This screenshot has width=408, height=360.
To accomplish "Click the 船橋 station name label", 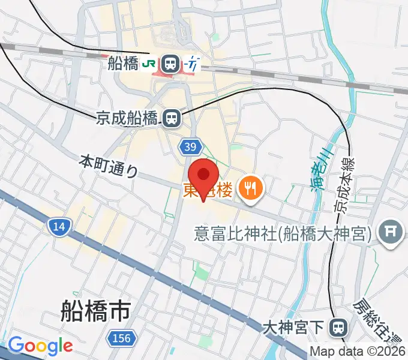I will point(123,63).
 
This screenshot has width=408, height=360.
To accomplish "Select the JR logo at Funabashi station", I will point(150,63).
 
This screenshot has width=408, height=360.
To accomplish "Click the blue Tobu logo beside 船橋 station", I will point(192,63).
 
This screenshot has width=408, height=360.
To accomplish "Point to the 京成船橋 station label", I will point(126,118).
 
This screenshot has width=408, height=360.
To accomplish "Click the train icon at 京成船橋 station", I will point(172,118).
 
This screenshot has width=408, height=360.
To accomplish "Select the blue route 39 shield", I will point(190,147).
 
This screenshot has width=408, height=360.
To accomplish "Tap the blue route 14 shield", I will point(59,226).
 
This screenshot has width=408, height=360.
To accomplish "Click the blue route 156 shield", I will point(120,339).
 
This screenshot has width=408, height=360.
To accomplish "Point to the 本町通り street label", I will point(109,167).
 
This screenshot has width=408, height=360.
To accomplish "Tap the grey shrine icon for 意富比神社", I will point(391,232).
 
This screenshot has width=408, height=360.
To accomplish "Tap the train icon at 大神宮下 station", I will point(340,328).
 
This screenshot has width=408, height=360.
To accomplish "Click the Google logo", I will point(40,346).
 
